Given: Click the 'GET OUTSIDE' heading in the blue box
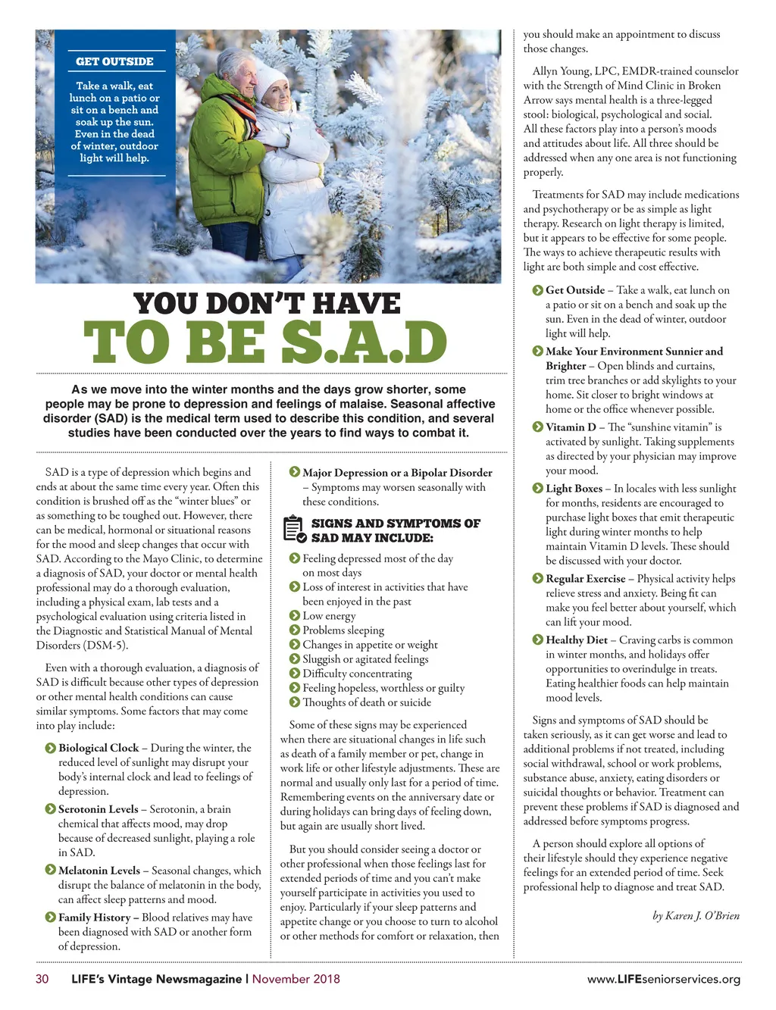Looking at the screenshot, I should pos(114,61).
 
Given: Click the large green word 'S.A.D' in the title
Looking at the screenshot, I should pos(364,342).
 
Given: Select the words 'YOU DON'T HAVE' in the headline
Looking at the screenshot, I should pos(268,304).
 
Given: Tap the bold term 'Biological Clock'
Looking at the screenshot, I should pos(99,748).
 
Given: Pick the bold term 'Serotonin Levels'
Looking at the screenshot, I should pos(99,809).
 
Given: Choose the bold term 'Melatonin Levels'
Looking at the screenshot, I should pos(99,871).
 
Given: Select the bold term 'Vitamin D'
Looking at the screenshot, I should pos(571,427).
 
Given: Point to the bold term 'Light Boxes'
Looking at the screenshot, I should pos(574,489).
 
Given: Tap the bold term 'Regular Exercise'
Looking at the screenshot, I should pos(586,579).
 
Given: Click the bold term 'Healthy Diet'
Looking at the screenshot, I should pos(577,640).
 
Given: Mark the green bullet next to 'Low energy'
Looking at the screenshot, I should pos(295,616).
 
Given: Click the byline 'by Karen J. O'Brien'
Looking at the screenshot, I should pos(696,916).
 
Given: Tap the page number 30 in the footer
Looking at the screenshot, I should pos(42,979).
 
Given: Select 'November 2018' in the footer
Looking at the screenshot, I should pos(296,979).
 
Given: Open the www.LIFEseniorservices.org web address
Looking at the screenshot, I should pos(664,980).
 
